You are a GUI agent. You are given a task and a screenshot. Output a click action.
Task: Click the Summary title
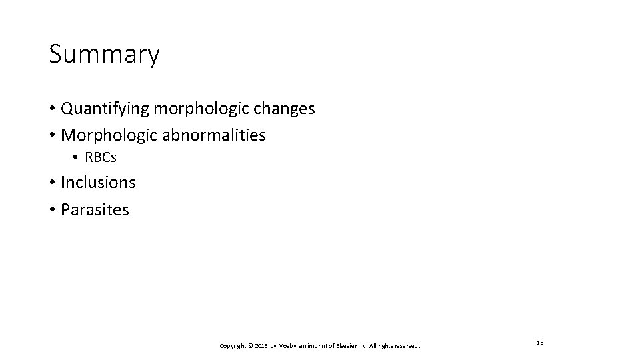point(104,55)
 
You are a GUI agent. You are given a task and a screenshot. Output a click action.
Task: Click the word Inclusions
point(98,182)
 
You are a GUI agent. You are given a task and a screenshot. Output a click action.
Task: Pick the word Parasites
point(95,209)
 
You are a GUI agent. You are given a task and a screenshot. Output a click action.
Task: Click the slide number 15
point(540,342)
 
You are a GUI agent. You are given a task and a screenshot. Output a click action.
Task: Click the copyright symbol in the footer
point(250,346)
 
